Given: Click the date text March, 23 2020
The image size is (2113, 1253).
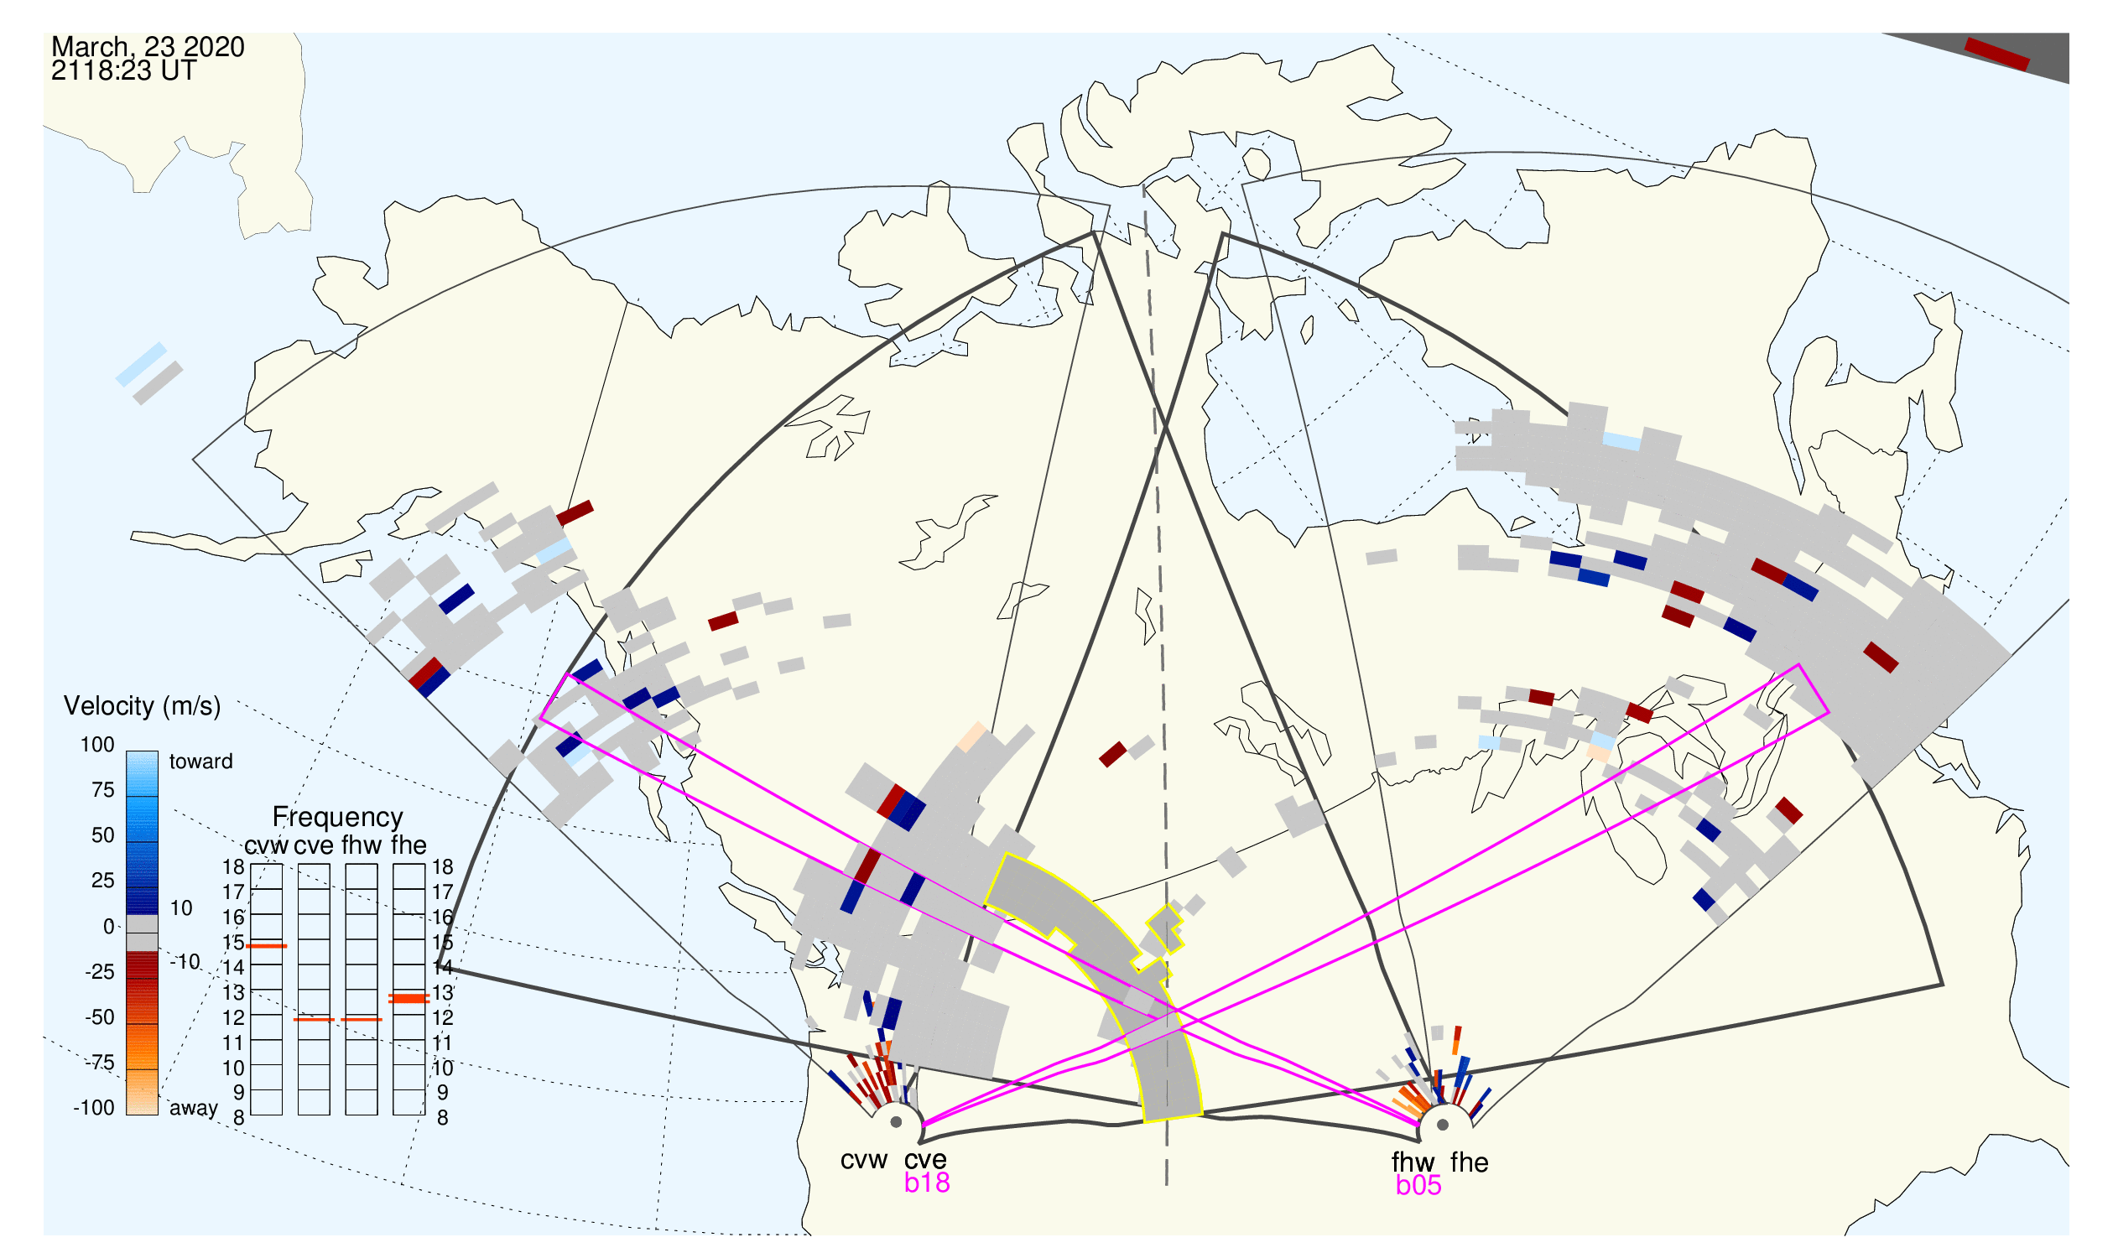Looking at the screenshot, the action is point(148,47).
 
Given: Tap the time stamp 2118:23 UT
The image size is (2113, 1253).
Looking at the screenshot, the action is point(123,71).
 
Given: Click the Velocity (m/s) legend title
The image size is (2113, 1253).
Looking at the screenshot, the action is point(142,707).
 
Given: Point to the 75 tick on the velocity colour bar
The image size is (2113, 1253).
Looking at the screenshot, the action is point(102,790).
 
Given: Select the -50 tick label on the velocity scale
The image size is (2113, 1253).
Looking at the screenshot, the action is point(100,1017).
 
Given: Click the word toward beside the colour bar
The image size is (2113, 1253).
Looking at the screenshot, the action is point(201,762).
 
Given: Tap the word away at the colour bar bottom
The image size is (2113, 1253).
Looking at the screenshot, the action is point(194,1109).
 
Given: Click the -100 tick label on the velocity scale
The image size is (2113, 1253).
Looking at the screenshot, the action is point(94,1109).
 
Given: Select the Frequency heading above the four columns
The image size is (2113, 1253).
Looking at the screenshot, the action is point(338,818).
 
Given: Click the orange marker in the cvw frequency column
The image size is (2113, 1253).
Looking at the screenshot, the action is point(266,947).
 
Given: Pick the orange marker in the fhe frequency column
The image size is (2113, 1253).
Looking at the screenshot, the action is point(409,999).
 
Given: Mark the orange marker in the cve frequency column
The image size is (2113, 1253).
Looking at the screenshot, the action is point(314,1020).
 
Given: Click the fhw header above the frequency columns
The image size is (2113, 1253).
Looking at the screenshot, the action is point(362,845).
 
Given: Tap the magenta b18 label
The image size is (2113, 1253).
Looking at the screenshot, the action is point(926,1183).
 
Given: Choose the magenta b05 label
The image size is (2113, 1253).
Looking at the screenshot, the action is point(1418,1186).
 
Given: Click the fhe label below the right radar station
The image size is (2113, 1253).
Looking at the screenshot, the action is point(1470,1162).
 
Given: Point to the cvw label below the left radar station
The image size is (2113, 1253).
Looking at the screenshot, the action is point(863,1161).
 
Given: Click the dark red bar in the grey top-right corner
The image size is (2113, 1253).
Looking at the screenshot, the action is point(1996,54).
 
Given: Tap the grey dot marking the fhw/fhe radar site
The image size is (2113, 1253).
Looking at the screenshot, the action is point(1443,1125).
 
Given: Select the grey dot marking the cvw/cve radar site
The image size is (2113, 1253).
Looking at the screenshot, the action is point(896,1123).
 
